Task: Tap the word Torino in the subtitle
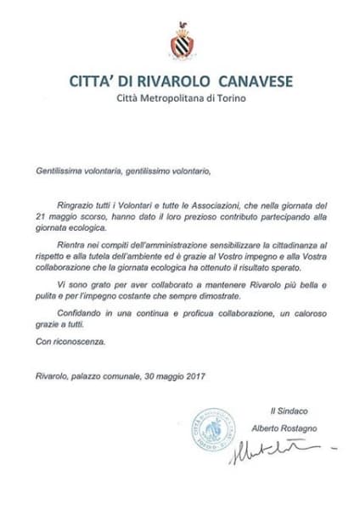tap(229, 99)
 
